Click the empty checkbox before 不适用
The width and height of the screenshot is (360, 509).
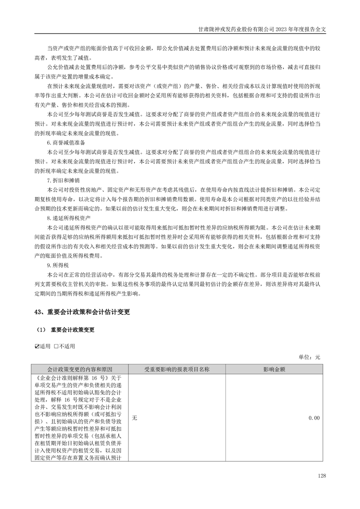(56, 346)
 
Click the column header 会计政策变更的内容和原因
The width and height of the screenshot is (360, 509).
(80, 369)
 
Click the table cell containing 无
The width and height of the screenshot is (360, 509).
(134, 418)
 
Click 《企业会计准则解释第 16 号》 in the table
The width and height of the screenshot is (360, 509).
(70, 377)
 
